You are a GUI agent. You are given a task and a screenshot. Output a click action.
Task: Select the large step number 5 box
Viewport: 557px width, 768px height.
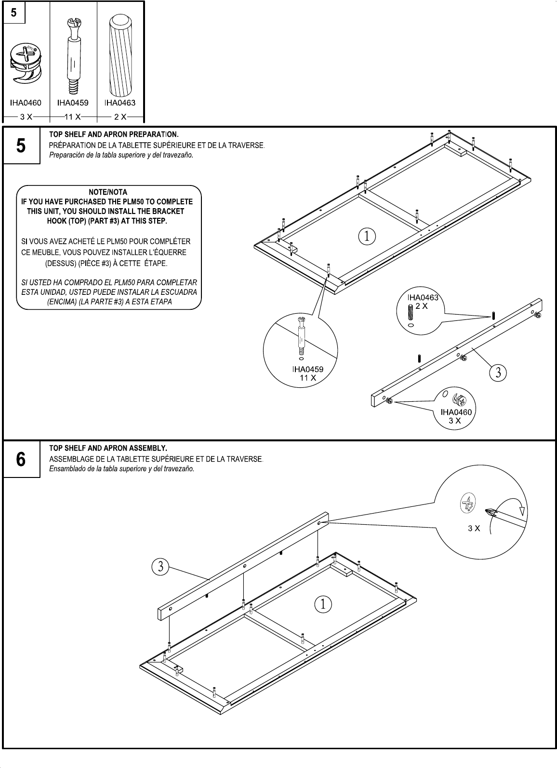(21, 146)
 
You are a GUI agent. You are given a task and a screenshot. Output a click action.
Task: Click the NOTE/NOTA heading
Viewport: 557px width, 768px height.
(108, 192)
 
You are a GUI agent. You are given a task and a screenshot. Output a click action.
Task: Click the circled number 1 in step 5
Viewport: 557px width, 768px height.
(367, 236)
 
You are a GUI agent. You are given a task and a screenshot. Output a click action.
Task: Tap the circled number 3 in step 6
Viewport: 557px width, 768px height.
(161, 567)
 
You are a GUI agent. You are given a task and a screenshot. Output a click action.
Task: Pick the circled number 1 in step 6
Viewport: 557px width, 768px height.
(323, 604)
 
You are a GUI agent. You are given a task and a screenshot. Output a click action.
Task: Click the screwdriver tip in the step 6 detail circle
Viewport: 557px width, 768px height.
(492, 513)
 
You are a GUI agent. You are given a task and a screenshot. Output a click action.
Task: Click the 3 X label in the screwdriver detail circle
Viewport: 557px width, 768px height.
(474, 528)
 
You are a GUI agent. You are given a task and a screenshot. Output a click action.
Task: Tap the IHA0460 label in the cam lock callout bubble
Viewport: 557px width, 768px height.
(456, 412)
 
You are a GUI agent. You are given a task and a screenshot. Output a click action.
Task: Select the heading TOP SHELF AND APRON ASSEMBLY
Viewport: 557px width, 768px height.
(108, 448)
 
